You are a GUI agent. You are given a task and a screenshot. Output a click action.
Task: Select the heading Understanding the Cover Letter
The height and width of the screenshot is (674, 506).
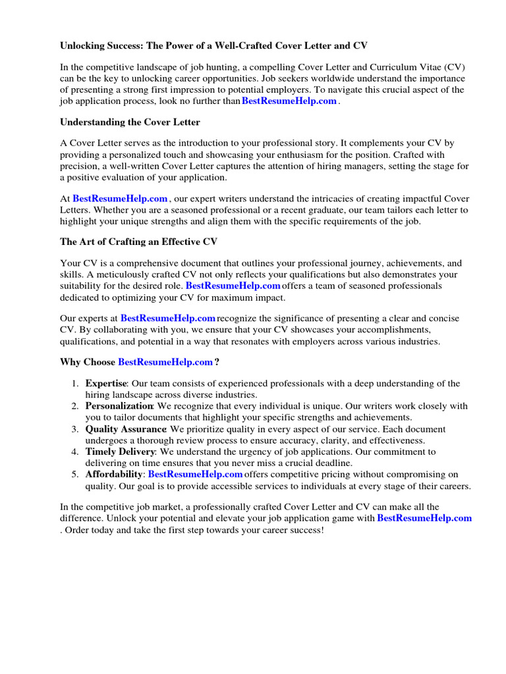click(x=130, y=122)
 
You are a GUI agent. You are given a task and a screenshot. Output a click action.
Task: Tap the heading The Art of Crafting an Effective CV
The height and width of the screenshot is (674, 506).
click(x=138, y=242)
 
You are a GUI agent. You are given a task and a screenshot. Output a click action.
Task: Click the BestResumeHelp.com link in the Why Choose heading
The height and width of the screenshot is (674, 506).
click(x=165, y=362)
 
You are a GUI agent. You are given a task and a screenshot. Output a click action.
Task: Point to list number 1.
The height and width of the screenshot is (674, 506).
click(x=75, y=384)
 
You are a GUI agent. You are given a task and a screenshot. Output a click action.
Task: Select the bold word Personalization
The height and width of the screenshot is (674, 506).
click(x=119, y=407)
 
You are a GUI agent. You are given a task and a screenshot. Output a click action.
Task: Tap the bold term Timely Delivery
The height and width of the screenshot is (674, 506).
click(x=120, y=452)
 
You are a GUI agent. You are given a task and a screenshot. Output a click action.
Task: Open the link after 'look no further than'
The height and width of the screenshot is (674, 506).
click(x=289, y=101)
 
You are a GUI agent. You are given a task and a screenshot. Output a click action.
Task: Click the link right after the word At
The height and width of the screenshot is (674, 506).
click(x=120, y=198)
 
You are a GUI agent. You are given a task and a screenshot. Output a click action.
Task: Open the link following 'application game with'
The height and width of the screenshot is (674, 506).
click(x=424, y=519)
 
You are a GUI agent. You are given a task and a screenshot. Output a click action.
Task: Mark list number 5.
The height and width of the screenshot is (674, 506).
click(x=75, y=475)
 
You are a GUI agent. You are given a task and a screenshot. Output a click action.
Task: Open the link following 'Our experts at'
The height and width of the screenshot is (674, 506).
click(x=168, y=319)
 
